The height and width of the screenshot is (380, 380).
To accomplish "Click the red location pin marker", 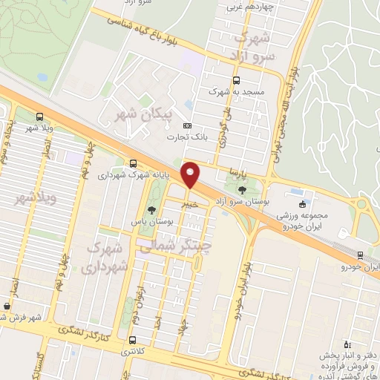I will pyautogui.click(x=191, y=175).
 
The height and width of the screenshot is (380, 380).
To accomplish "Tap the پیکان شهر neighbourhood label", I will pyautogui.click(x=137, y=114).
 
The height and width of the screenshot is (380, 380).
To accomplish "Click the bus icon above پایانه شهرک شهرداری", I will pyautogui.click(x=133, y=163).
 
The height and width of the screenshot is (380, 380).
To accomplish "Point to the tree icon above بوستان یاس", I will pyautogui.click(x=152, y=210).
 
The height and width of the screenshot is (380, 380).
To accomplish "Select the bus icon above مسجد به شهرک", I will pyautogui.click(x=236, y=80).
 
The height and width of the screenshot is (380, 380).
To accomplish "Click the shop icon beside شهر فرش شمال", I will pyautogui.click(x=7, y=305).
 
